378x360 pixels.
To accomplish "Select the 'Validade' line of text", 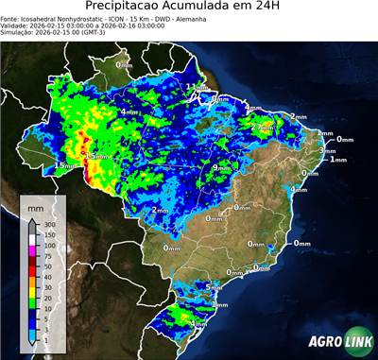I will click(x=76, y=27).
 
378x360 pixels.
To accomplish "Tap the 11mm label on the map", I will click(x=196, y=88).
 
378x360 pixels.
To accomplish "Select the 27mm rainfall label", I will click(x=262, y=127).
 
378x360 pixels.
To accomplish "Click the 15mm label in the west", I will click(x=63, y=166).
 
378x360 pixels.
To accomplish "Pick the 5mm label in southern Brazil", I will click(x=214, y=286).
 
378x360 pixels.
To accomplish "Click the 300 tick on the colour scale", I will click(x=48, y=224).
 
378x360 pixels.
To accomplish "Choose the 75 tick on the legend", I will click(x=46, y=255).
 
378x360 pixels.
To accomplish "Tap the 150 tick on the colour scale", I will click(x=48, y=234).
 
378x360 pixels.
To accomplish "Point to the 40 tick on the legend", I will click(x=46, y=276).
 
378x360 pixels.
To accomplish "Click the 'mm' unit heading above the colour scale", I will click(x=36, y=206).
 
